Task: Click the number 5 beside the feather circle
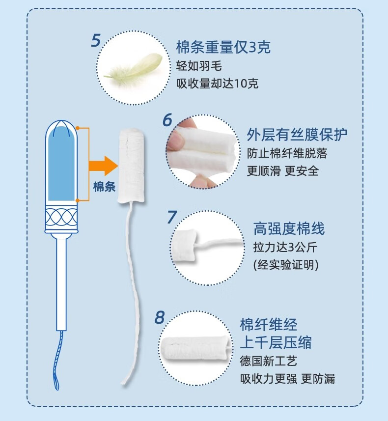96,41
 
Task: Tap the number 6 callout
167,120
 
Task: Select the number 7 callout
172,217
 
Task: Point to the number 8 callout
160,317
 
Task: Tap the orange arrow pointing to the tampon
104,166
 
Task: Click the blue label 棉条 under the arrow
104,187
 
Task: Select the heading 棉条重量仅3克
223,47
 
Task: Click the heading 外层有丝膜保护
297,134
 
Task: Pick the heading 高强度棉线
289,228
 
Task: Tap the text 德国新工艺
269,361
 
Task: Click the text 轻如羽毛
199,66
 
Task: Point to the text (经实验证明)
286,265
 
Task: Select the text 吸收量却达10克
217,84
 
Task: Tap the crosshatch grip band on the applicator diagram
61,217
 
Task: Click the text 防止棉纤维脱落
287,153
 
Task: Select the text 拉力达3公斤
285,247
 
